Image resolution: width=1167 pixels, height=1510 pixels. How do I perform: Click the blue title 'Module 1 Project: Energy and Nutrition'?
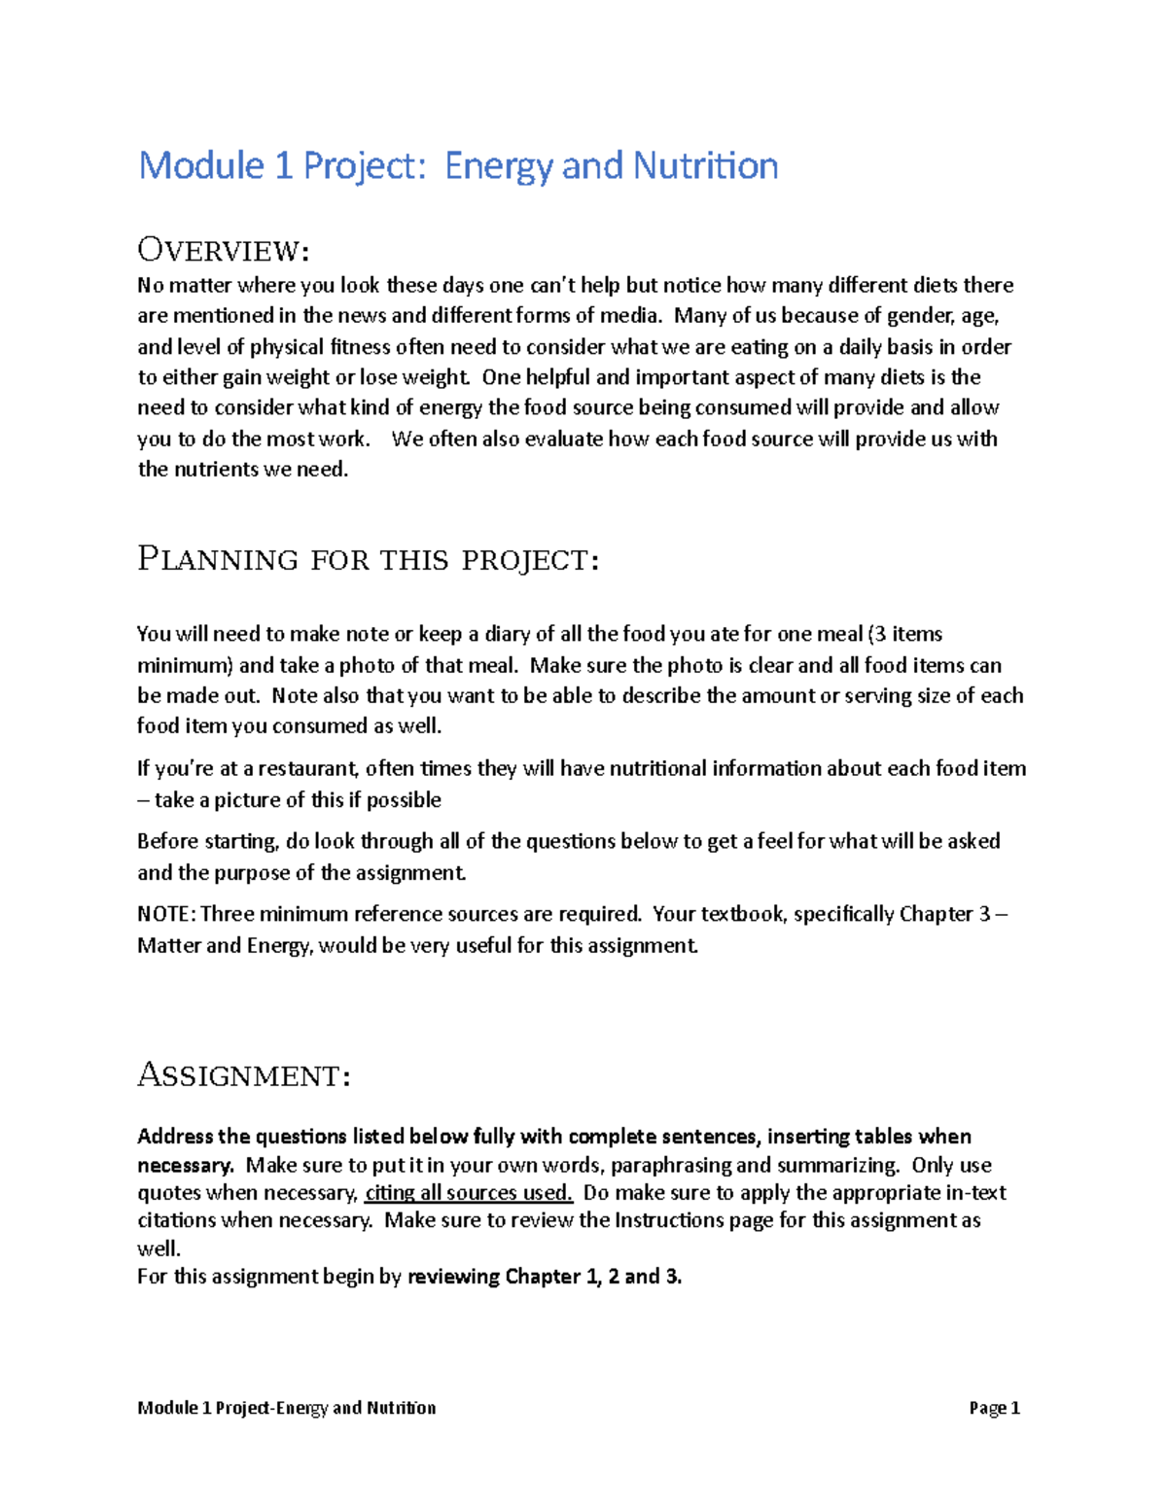point(457,165)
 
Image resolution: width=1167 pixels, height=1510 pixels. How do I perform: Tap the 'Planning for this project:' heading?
point(368,560)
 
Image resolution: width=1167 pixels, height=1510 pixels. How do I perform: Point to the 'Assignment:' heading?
point(243,1075)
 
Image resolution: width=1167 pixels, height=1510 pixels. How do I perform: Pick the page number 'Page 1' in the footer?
point(994,1408)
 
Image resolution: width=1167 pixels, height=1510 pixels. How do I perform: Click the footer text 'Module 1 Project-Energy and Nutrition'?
point(286,1408)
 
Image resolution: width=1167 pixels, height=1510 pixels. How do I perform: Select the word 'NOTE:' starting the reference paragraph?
point(166,914)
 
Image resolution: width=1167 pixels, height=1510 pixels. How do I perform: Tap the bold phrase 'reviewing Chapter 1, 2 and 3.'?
point(545,1277)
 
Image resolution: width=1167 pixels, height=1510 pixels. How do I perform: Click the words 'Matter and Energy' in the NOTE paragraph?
point(225,945)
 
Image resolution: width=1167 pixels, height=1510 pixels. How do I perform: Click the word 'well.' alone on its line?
point(159,1248)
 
